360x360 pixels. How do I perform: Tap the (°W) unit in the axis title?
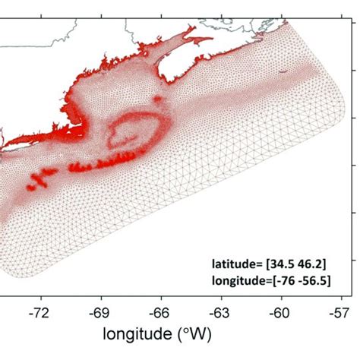click(x=213, y=335)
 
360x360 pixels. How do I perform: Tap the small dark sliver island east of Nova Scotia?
click(x=283, y=73)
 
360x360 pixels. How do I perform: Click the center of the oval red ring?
click(x=136, y=131)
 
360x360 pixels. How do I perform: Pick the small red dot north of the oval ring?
click(x=157, y=98)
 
